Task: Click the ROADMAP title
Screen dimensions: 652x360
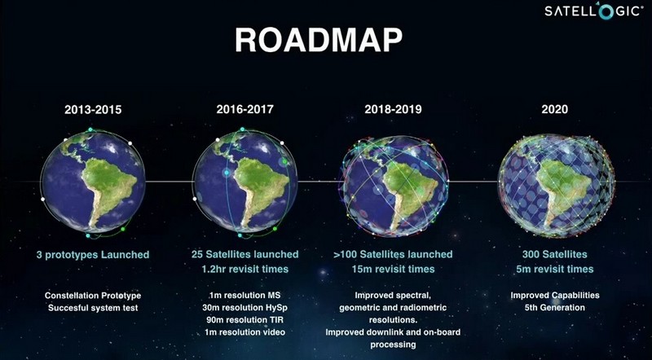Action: [x=319, y=41]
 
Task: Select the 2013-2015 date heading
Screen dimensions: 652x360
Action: [x=93, y=110]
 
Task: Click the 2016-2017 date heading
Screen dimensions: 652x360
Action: [x=245, y=109]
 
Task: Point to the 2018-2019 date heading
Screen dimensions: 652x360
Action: [x=393, y=109]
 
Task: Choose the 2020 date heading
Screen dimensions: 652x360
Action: [x=555, y=109]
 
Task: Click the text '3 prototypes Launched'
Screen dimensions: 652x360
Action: [x=93, y=255]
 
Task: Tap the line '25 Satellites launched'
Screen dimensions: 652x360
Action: [x=245, y=254]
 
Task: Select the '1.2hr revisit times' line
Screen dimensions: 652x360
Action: [x=245, y=269]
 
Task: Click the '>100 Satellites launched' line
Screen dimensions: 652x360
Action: [x=393, y=254]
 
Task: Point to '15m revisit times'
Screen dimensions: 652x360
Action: [x=393, y=269]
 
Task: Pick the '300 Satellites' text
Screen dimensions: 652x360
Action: [x=555, y=254]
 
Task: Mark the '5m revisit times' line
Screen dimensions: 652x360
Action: [x=555, y=269]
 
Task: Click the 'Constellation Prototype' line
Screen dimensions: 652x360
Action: [x=93, y=296]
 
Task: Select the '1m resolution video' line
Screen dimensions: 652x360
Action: [x=245, y=332]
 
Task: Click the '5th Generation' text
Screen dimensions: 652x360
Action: [x=555, y=308]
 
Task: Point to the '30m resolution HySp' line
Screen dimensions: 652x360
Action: [x=245, y=308]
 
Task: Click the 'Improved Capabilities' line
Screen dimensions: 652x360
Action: [x=555, y=296]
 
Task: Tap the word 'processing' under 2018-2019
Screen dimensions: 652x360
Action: [x=393, y=345]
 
